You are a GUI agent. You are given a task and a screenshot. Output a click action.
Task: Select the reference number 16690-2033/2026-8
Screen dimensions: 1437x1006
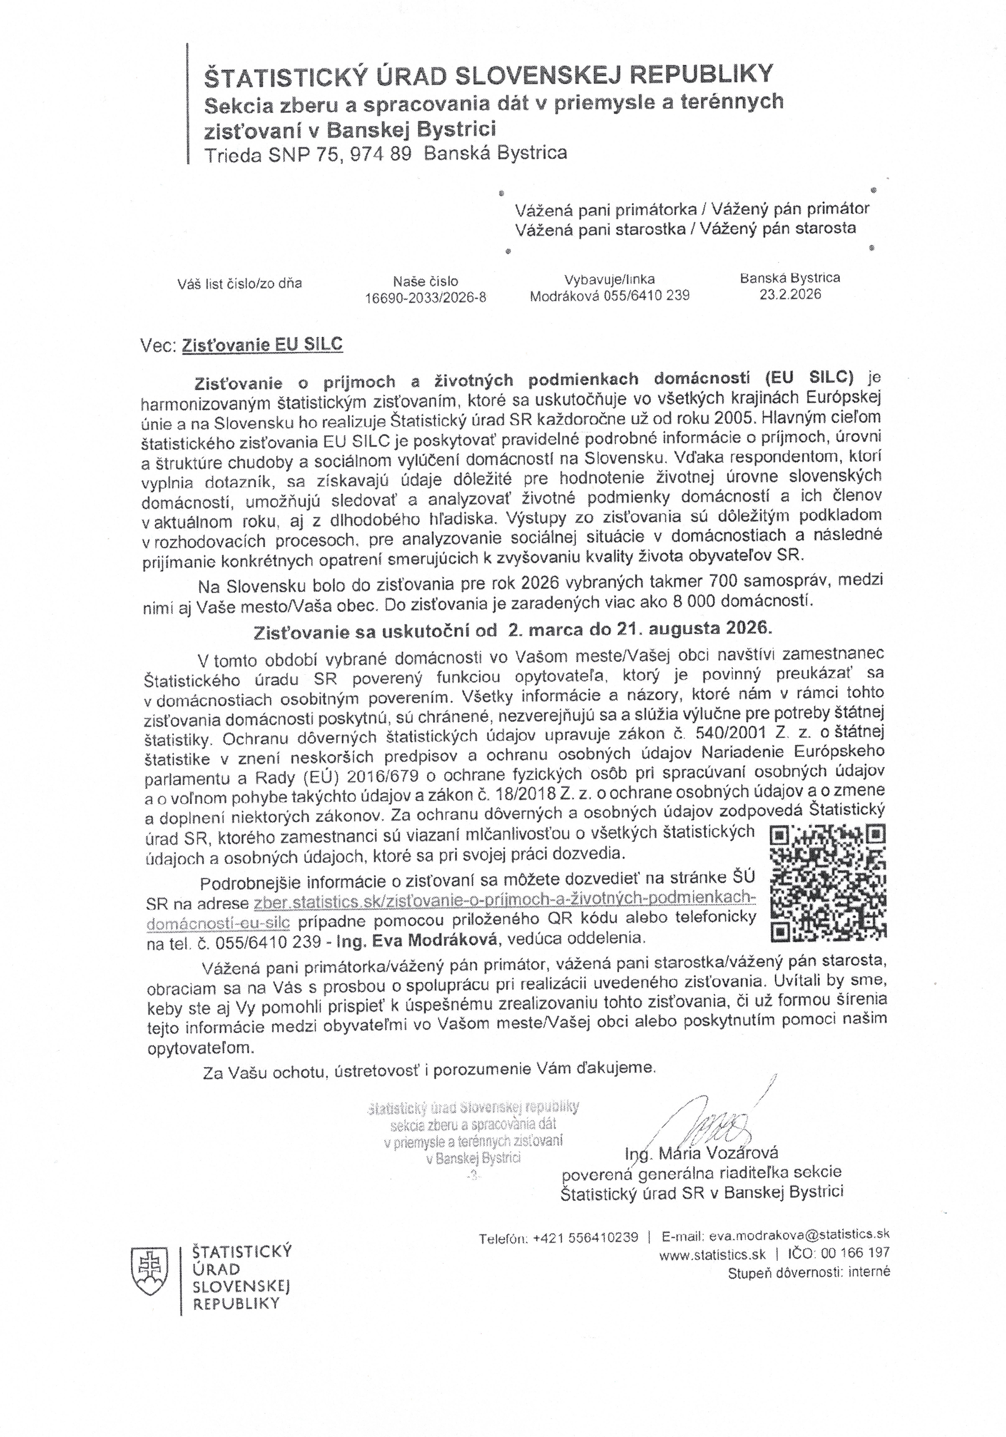[x=426, y=298]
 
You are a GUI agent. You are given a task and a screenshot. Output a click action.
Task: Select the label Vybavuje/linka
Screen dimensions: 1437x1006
[x=609, y=280]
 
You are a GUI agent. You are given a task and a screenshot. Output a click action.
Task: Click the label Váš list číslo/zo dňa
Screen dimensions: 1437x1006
[x=240, y=283]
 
